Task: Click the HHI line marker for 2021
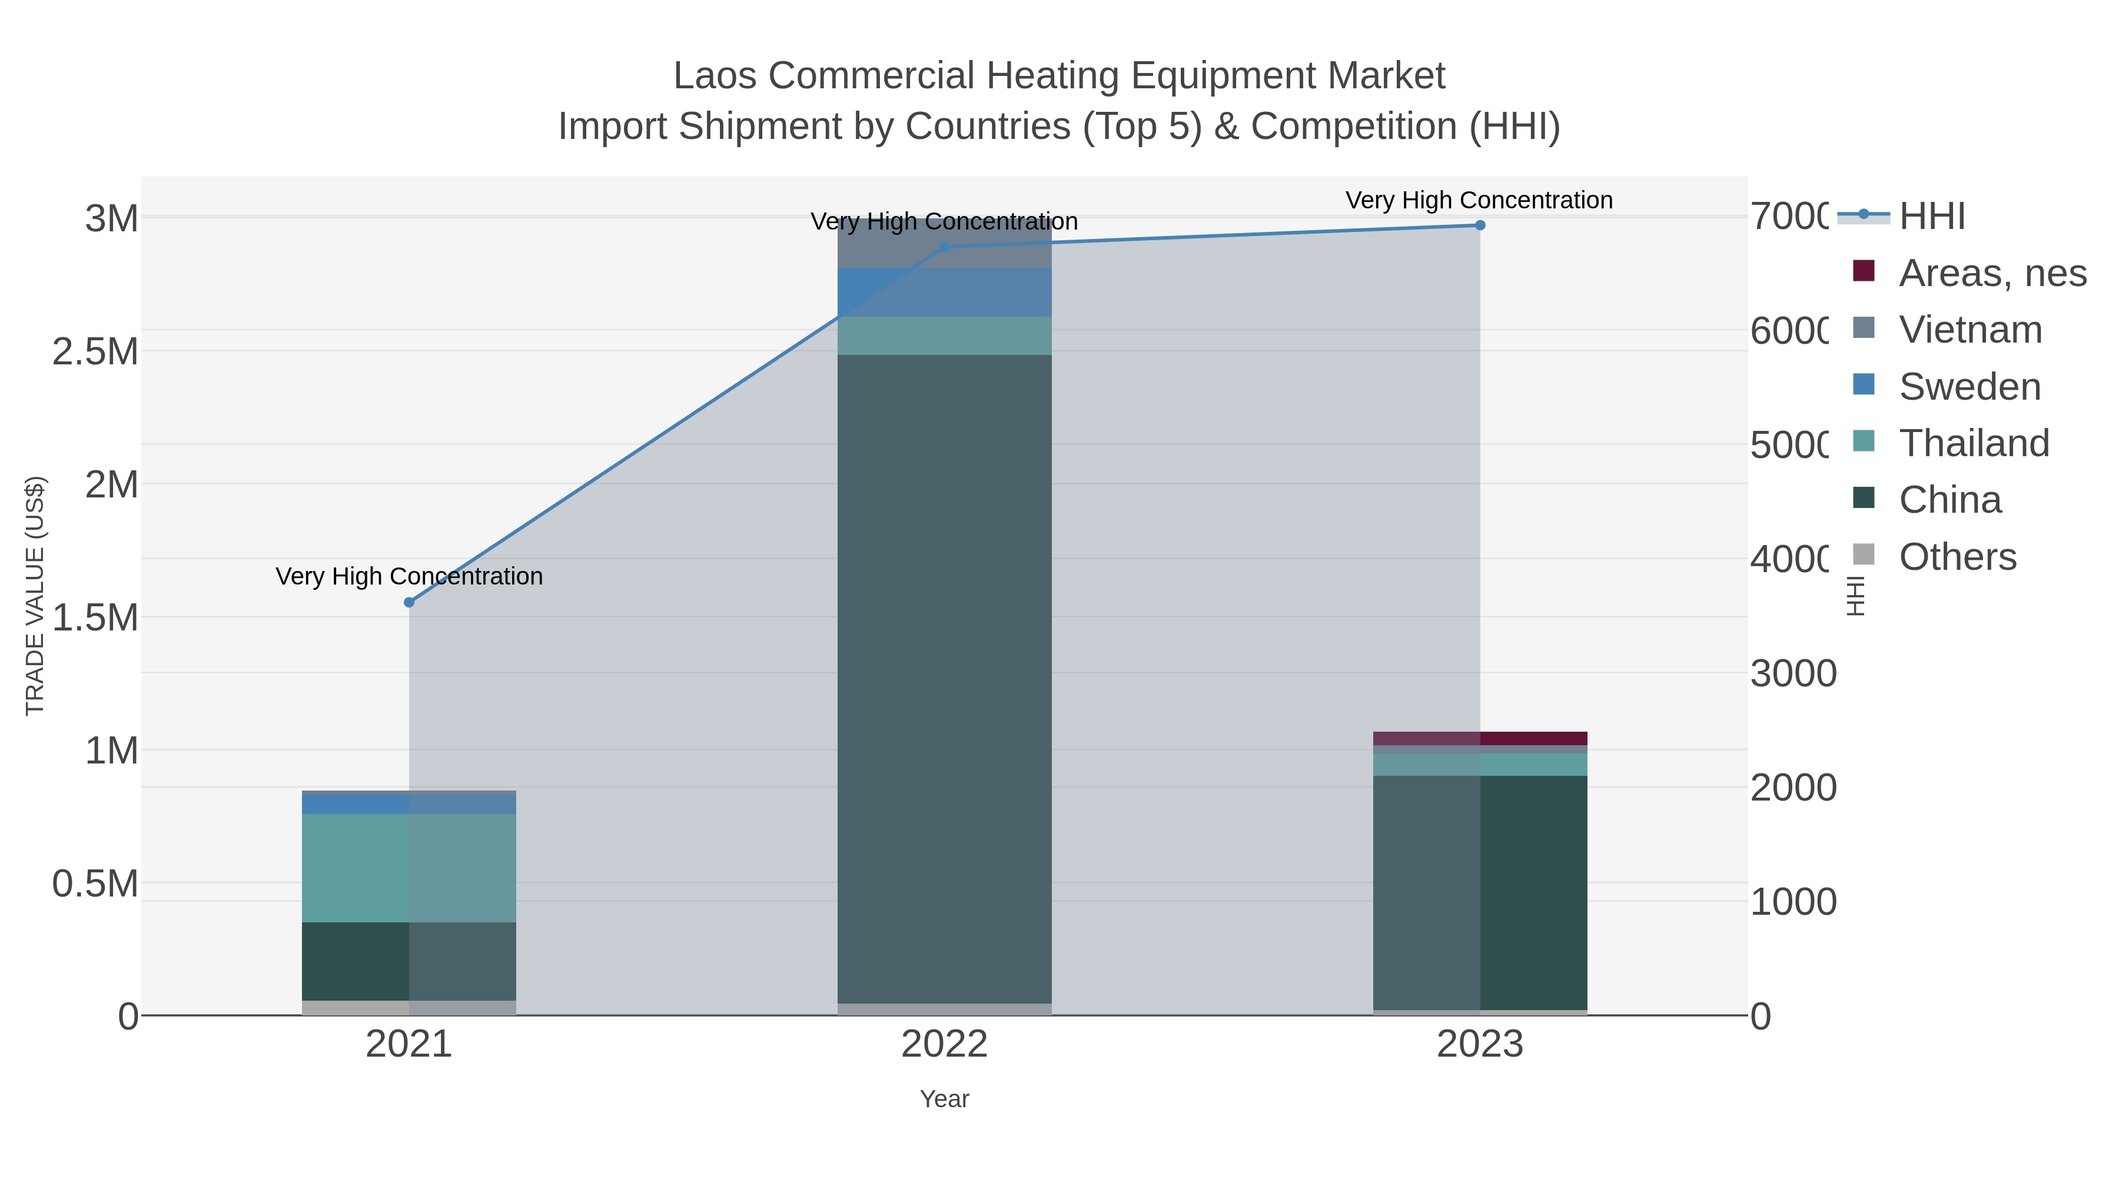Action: click(409, 602)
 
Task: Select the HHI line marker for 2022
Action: click(944, 247)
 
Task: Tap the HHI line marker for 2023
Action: click(1480, 225)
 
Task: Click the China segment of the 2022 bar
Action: click(944, 679)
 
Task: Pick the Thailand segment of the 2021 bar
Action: click(409, 868)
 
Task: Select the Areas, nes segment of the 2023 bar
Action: click(1480, 738)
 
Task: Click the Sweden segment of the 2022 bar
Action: click(944, 292)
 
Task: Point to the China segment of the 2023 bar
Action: click(1480, 892)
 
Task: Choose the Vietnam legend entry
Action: click(1971, 330)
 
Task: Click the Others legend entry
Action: click(1958, 557)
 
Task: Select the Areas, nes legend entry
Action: click(1992, 273)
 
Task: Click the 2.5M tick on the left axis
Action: click(95, 352)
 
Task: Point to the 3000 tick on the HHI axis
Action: click(1793, 674)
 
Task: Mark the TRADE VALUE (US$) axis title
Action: click(35, 596)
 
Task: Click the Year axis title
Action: click(944, 1099)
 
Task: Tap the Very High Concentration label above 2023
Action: click(1479, 200)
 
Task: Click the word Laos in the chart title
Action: click(715, 76)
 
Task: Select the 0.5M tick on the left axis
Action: click(95, 884)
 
